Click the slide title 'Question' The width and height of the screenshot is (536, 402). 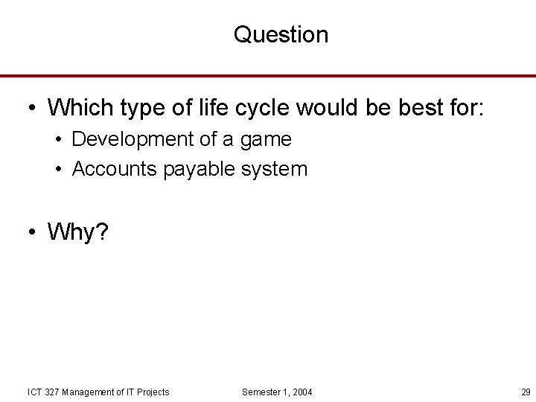[281, 34]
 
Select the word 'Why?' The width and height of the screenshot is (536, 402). [77, 232]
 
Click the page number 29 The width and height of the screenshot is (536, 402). [526, 392]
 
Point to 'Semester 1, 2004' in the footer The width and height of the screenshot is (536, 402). [277, 392]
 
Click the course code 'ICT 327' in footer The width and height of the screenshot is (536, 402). [44, 392]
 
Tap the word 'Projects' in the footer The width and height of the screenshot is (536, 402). [153, 392]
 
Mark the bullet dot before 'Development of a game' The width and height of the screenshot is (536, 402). [57, 140]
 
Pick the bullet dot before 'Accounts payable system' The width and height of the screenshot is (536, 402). [57, 170]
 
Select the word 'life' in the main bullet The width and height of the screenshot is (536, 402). [211, 107]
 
